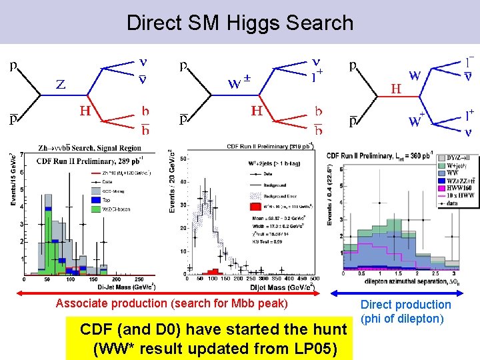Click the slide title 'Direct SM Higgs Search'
(x=240, y=23)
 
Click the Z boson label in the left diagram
(x=60, y=84)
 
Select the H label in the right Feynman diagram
(x=395, y=87)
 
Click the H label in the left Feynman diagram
(x=85, y=111)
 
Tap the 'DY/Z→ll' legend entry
(x=445, y=158)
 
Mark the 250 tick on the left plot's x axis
(x=139, y=279)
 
